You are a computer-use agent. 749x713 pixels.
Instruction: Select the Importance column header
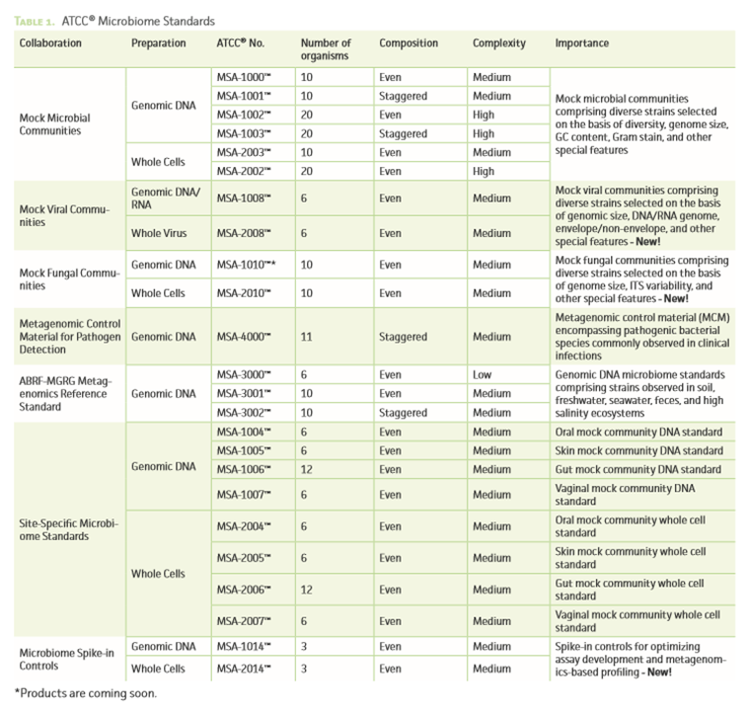click(x=582, y=43)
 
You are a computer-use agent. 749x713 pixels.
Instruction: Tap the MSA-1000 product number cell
click(x=243, y=77)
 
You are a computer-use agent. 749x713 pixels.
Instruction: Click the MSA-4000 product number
click(x=243, y=337)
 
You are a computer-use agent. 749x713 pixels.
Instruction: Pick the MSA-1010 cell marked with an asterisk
click(x=246, y=265)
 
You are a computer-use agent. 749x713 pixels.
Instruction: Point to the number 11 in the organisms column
click(x=306, y=337)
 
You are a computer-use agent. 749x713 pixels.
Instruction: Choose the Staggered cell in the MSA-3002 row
click(x=403, y=413)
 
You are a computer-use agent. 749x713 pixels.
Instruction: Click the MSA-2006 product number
click(x=243, y=590)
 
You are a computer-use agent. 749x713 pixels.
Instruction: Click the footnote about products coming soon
click(x=85, y=693)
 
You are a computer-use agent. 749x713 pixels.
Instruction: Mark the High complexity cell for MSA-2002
click(x=484, y=171)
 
